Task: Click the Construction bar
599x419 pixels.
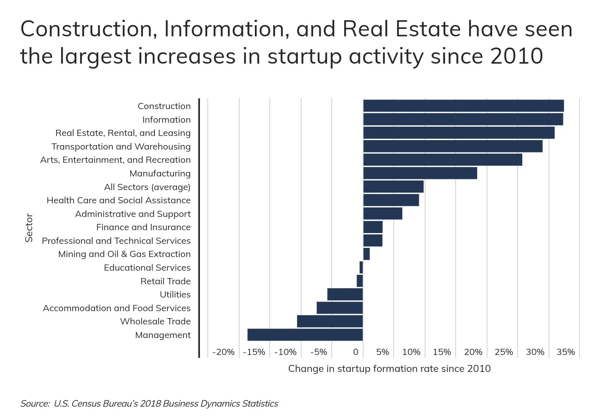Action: click(463, 106)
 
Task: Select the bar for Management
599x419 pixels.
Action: click(305, 335)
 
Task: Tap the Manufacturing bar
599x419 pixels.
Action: click(420, 173)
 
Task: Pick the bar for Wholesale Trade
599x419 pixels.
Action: click(330, 321)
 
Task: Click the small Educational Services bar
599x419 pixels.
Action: click(361, 267)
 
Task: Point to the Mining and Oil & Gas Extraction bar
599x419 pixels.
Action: click(366, 254)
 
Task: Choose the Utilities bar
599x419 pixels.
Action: click(345, 294)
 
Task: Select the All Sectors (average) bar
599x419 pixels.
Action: click(393, 187)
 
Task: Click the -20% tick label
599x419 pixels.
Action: click(223, 352)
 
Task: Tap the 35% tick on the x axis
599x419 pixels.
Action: click(566, 352)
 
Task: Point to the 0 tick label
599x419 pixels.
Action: click(356, 352)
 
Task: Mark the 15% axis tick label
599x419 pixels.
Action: click(442, 352)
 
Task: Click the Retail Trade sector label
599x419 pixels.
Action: click(166, 281)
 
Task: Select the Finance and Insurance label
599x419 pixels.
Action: click(143, 227)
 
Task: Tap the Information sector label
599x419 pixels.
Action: click(166, 119)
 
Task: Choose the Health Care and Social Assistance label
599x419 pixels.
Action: click(119, 200)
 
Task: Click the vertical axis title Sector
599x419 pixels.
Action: click(29, 227)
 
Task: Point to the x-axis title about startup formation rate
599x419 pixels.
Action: click(389, 369)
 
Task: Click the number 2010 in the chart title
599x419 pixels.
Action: click(516, 56)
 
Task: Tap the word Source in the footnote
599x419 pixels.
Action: click(35, 404)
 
